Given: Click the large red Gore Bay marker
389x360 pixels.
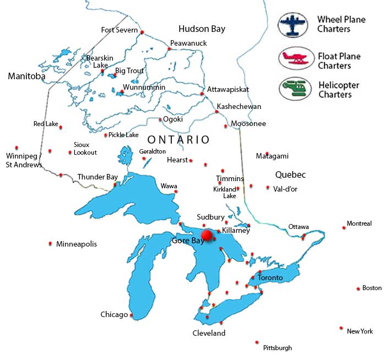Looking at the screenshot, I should click(x=207, y=236).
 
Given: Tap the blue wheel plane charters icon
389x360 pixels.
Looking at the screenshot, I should click(x=293, y=25).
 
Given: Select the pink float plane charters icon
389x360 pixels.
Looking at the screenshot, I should click(x=293, y=59).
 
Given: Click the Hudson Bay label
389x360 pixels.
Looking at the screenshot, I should click(x=202, y=29).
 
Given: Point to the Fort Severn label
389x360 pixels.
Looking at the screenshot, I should click(x=120, y=30).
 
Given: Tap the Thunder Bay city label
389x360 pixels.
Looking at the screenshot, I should click(x=98, y=177).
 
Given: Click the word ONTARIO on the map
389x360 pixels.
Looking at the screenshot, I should click(x=179, y=140).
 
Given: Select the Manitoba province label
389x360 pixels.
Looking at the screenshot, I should click(x=26, y=77).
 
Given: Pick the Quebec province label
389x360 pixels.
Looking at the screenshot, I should click(x=290, y=174).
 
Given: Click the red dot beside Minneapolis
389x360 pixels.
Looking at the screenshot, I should click(x=50, y=243).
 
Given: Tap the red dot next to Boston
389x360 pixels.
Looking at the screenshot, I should click(x=358, y=288).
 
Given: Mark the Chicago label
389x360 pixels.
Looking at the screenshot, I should click(x=114, y=315).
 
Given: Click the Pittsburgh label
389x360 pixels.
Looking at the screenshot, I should click(x=278, y=348).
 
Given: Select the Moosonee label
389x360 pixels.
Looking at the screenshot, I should click(x=248, y=124).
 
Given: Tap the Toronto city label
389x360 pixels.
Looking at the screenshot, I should click(x=270, y=278).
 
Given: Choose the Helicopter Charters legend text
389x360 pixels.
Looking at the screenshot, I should click(x=338, y=90).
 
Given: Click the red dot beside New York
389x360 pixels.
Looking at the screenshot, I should click(x=342, y=328).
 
